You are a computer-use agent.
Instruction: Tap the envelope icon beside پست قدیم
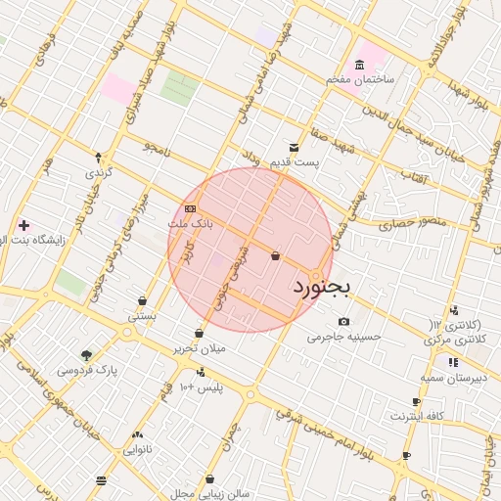click(x=295, y=148)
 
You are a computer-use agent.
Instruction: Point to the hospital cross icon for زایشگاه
click(x=23, y=225)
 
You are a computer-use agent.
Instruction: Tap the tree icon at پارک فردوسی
click(x=87, y=355)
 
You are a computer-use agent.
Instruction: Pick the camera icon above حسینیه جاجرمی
click(x=343, y=321)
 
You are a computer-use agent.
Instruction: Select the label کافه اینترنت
click(x=417, y=416)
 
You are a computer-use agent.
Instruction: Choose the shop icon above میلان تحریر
click(x=199, y=334)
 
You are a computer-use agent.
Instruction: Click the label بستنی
click(x=142, y=317)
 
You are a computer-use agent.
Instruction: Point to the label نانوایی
click(x=136, y=450)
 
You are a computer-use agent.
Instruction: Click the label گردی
click(x=100, y=172)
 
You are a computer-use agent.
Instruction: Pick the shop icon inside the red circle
click(x=275, y=256)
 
